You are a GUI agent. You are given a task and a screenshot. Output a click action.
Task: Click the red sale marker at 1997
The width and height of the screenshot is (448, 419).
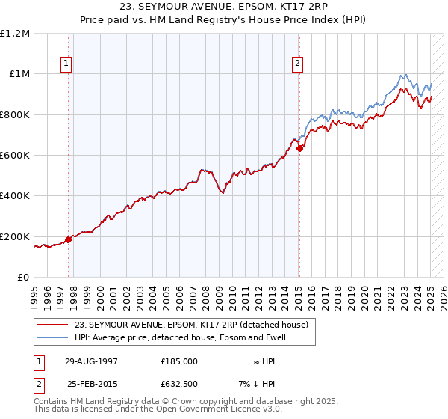click(68, 239)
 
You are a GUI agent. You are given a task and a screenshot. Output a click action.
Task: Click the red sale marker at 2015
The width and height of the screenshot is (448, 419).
click(299, 148)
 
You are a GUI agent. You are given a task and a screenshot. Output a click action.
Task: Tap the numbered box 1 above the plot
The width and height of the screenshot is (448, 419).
click(66, 64)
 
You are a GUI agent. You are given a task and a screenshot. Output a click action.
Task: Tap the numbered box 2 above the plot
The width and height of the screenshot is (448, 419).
click(297, 64)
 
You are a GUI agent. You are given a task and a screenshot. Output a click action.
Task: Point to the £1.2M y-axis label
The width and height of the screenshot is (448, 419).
click(15, 34)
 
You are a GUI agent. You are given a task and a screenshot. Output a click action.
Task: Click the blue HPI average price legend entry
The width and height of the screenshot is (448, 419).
click(179, 337)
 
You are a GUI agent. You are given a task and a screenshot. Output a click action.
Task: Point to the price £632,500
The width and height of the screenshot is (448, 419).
click(179, 384)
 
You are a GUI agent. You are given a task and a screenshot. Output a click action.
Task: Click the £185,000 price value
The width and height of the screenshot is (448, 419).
click(179, 361)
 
